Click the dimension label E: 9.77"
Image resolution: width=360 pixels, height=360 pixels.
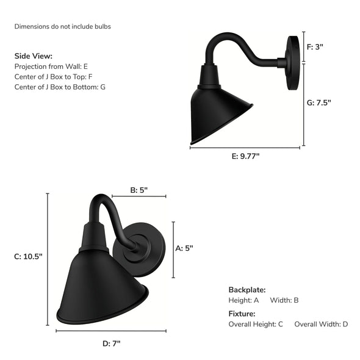[x=245, y=156]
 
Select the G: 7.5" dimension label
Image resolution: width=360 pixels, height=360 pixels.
[x=319, y=103]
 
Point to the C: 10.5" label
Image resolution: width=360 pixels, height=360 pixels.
[x=28, y=257]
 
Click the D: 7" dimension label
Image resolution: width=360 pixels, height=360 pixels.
[x=111, y=344]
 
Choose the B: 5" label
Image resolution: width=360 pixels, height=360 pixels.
[x=139, y=190]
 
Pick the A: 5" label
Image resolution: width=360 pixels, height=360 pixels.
[x=184, y=248]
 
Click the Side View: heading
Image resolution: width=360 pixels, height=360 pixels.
[x=34, y=56]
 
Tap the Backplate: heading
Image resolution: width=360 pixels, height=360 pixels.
[x=247, y=289]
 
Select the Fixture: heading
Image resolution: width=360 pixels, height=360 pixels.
[x=242, y=314]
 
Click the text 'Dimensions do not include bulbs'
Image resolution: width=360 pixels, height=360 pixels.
[x=63, y=27]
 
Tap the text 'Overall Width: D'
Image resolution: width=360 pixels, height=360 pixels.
[x=321, y=324]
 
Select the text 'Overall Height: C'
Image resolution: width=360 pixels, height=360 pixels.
[x=256, y=324]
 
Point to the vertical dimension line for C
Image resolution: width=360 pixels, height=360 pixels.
[x=48, y=257]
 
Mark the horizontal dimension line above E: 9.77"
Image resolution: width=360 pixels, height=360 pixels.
[x=245, y=148]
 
